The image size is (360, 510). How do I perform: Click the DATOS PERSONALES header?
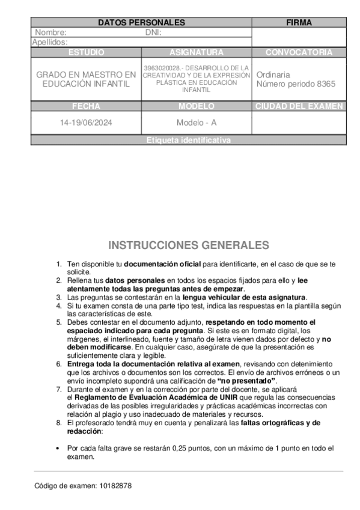click(x=141, y=22)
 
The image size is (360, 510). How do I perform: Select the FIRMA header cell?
click(x=299, y=22)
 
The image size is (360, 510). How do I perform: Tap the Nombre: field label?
click(x=50, y=32)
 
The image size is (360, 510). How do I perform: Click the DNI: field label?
click(x=154, y=32)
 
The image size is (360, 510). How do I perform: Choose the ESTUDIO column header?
click(x=86, y=52)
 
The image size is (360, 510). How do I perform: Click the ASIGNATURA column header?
click(x=197, y=52)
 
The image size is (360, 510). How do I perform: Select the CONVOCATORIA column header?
click(x=299, y=52)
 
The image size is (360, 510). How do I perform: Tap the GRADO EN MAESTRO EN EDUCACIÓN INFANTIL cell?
click(x=86, y=79)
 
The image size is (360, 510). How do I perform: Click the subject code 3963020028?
click(x=160, y=68)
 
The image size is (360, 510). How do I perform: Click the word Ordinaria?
click(x=274, y=75)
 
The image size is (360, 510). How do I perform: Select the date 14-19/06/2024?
click(x=86, y=123)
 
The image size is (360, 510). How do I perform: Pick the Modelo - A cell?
click(x=197, y=123)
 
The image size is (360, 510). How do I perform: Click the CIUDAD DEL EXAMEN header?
click(x=299, y=106)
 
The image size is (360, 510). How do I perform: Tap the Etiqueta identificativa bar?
click(x=188, y=140)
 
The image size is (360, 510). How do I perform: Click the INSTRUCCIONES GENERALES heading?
click(x=189, y=245)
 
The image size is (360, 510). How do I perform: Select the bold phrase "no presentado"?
click(x=246, y=381)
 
